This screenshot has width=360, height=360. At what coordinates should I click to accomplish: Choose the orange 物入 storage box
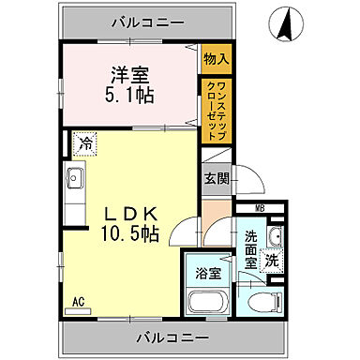(x=216, y=58)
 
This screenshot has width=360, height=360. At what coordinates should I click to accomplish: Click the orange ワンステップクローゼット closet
(x=216, y=110)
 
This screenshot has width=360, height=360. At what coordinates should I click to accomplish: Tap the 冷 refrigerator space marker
(x=85, y=144)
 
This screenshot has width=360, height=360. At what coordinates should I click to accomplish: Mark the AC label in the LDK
(x=78, y=302)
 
